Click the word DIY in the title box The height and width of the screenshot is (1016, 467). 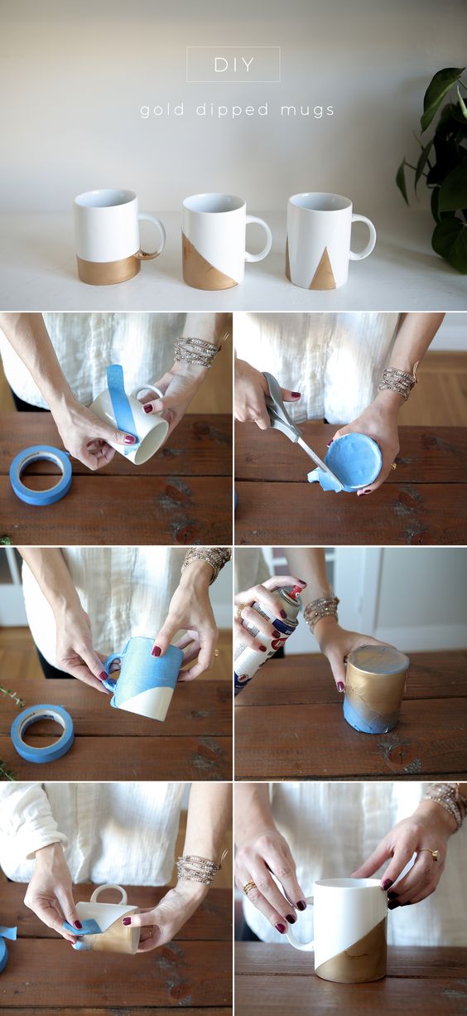233,65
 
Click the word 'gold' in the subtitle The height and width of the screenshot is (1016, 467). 162,109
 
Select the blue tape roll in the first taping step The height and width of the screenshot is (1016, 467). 41,475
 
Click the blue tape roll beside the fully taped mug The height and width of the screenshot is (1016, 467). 42,733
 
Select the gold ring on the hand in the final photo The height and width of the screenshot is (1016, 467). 431,854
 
